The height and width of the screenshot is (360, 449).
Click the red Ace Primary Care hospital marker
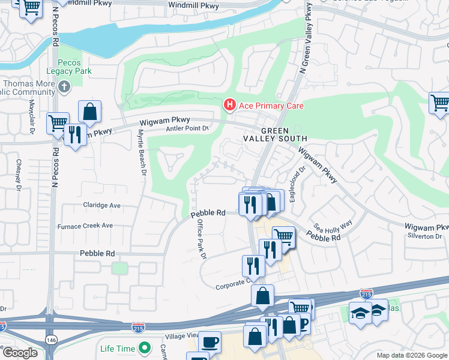(229, 105)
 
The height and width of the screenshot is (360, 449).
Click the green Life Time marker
(144, 348)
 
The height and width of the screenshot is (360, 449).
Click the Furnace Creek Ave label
(85, 226)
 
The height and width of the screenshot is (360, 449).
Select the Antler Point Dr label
(187, 128)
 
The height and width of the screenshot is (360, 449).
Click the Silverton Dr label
(425, 236)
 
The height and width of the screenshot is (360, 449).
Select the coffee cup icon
(209, 342)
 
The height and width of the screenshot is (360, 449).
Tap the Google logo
(19, 353)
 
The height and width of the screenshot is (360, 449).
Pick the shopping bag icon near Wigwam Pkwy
(89, 112)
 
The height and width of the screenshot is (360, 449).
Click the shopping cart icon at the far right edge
(441, 103)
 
